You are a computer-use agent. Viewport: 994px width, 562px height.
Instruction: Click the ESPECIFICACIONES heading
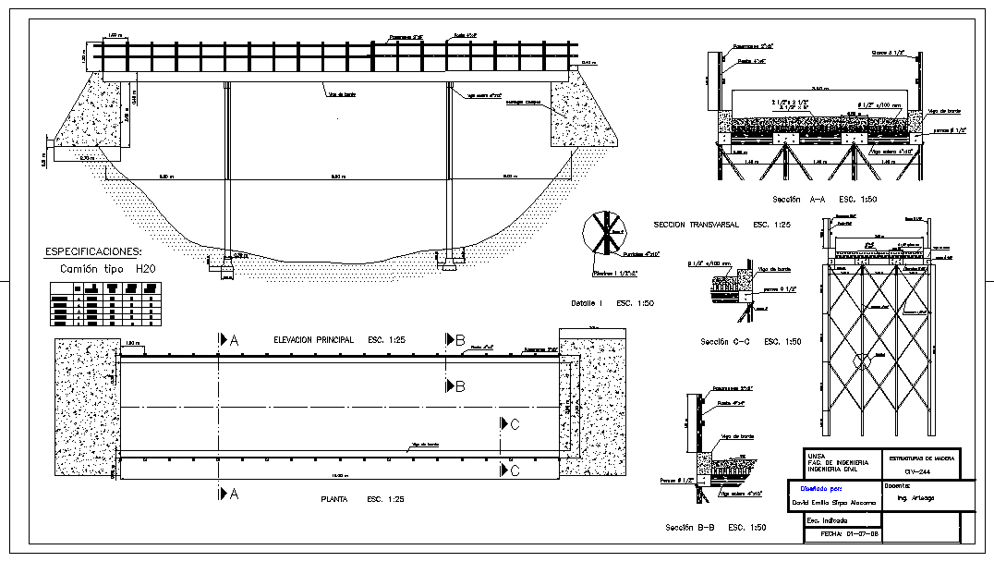tap(93, 250)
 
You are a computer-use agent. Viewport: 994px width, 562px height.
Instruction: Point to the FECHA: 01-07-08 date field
tap(842, 534)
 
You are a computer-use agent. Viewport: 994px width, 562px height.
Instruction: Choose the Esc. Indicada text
tap(827, 520)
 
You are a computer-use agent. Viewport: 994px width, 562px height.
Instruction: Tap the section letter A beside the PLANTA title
tap(233, 495)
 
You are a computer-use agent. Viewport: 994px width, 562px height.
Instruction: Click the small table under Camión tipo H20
tap(103, 306)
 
